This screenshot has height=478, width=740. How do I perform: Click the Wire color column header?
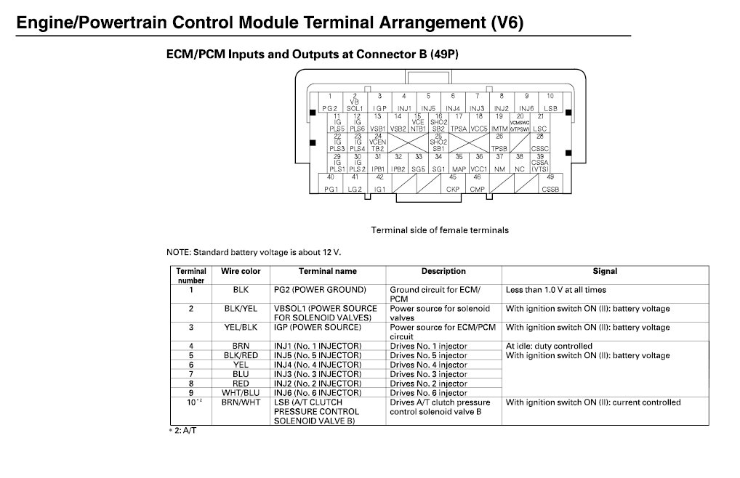(x=240, y=272)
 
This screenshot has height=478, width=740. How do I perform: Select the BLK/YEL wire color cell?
(x=240, y=309)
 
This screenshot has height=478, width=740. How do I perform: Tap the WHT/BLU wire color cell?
(x=240, y=393)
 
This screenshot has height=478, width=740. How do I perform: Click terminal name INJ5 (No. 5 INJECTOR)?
(x=318, y=355)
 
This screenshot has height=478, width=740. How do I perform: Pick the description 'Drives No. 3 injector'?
(x=428, y=374)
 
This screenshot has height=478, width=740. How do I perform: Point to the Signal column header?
(x=605, y=272)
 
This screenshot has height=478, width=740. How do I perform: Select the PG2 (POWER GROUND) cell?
(x=320, y=290)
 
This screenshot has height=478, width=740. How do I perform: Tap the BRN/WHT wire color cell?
(x=240, y=402)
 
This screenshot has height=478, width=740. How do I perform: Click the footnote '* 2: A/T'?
(x=183, y=431)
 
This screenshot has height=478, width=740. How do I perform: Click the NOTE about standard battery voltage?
(x=254, y=253)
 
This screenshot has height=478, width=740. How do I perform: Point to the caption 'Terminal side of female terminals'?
(x=440, y=230)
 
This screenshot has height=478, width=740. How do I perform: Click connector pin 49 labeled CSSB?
(x=550, y=183)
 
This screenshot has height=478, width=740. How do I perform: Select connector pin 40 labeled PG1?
(x=331, y=183)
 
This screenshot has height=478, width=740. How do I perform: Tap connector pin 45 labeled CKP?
(x=453, y=183)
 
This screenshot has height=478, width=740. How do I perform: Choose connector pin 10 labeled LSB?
(x=550, y=102)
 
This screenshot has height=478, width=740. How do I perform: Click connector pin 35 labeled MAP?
(x=459, y=163)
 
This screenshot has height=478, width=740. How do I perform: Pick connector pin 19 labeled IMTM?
(x=499, y=122)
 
